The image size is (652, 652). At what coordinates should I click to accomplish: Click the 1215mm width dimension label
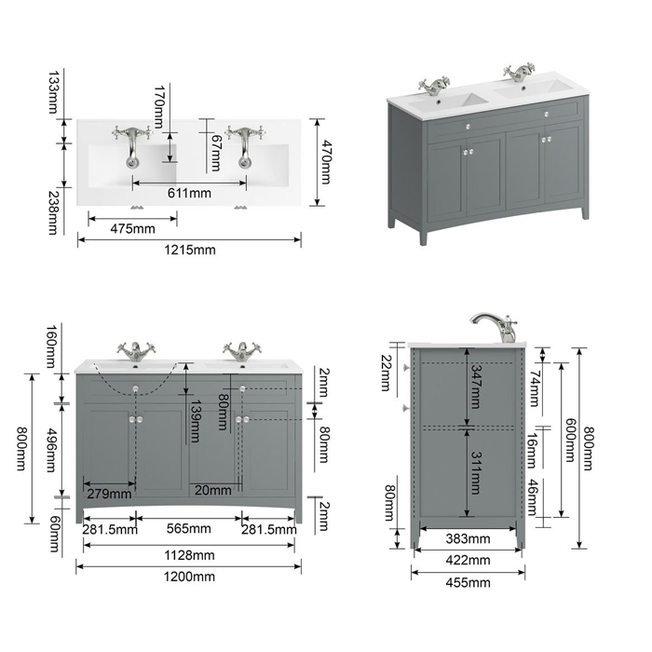coord(190,250)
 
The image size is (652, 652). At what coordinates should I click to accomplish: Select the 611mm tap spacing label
coord(189,193)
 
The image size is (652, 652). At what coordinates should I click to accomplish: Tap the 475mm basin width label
coord(132,229)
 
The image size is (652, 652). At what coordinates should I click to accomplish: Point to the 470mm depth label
coord(327,162)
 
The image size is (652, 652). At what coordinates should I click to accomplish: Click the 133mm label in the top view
coord(53,92)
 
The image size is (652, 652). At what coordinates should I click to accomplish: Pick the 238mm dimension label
coord(53,212)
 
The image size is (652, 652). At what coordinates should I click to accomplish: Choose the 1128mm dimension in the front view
coord(189,555)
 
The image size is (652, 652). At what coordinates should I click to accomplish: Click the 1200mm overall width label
coord(189,577)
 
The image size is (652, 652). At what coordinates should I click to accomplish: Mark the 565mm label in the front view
coord(189,528)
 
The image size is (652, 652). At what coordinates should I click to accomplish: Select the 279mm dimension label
coord(109,494)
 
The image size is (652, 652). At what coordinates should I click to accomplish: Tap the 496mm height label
coord(50,450)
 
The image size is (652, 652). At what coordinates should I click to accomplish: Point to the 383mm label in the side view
coord(468,539)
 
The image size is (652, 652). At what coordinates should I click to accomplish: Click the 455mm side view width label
coord(468,582)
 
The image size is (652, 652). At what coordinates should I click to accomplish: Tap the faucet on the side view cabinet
coord(495,328)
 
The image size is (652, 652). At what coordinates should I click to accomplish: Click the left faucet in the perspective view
coord(435,86)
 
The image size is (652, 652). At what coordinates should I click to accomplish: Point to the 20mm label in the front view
coord(213,490)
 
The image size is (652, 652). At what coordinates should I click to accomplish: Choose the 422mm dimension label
coord(468,561)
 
